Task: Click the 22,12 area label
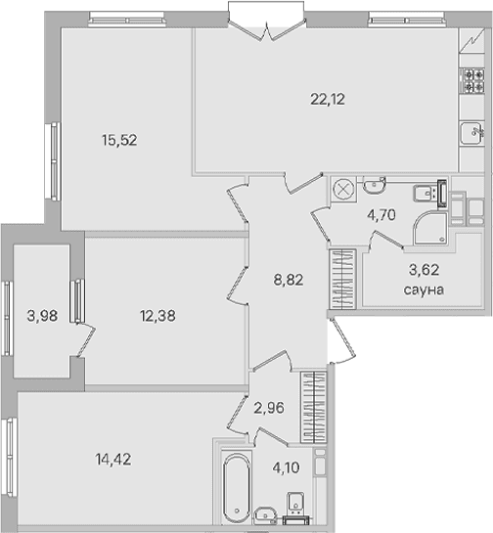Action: click(x=328, y=100)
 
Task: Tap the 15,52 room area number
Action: click(x=119, y=140)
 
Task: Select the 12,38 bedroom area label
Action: click(x=157, y=316)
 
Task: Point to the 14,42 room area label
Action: click(x=113, y=460)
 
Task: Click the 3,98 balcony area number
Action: click(x=42, y=316)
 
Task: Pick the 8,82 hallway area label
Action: click(x=289, y=281)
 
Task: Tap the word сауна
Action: click(x=424, y=290)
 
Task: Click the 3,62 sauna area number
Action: click(x=424, y=270)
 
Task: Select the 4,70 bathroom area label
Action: click(x=381, y=215)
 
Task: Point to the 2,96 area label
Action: click(x=269, y=408)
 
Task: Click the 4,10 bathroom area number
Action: click(x=286, y=467)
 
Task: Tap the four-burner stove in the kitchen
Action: click(x=471, y=80)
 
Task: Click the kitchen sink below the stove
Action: click(x=471, y=133)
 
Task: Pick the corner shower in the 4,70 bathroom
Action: click(x=430, y=228)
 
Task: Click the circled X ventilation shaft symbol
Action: click(x=343, y=189)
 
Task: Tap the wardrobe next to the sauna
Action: click(x=342, y=279)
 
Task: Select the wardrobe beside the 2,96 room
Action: click(x=313, y=407)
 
